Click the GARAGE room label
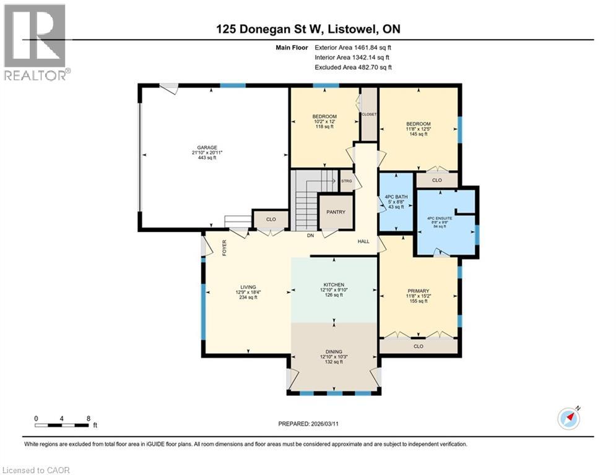tap(207, 148)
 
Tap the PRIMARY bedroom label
tap(419, 291)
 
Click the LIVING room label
tap(248, 287)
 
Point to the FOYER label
tap(225, 247)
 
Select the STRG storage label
tap(347, 181)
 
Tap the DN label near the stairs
tap(310, 236)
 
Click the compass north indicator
tap(568, 418)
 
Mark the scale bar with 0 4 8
tap(63, 422)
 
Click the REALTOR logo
tap(35, 43)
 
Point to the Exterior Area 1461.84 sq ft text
tap(353, 47)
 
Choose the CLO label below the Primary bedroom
tap(419, 346)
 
